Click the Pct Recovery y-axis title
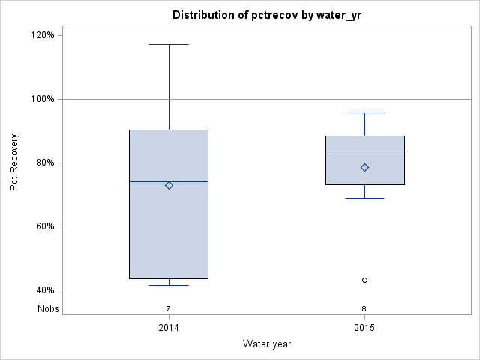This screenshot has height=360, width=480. coord(15,163)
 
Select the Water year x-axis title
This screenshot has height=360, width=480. coord(266,343)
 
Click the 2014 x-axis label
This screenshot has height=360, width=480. coord(169,328)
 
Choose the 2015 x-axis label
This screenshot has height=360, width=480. coord(364,328)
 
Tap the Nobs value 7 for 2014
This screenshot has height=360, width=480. coord(169,308)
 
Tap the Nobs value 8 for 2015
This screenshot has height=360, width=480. coord(364,308)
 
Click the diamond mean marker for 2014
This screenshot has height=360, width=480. coord(169,185)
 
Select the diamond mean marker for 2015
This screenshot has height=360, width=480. coord(364,167)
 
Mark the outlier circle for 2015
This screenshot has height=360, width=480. coord(364,280)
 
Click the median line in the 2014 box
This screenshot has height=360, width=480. coord(150,181)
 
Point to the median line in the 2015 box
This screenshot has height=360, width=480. coord(345,154)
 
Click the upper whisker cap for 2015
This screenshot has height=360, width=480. coord(364,112)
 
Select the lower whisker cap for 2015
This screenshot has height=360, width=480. coord(364,198)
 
